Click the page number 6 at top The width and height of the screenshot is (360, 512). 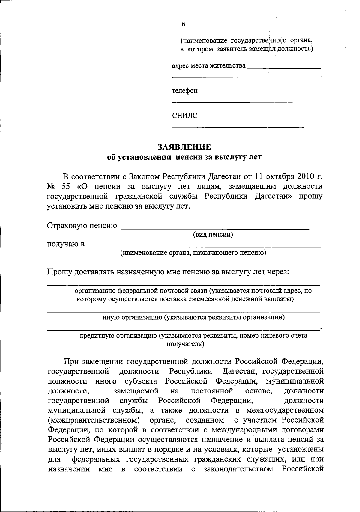(183, 24)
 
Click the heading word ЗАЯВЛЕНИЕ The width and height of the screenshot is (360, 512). (184, 147)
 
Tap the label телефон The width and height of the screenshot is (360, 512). (184, 91)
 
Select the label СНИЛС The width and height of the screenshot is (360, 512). (185, 116)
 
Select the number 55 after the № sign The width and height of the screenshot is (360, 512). (66, 186)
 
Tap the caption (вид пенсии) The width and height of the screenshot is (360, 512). (213, 234)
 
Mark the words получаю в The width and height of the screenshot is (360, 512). (66, 244)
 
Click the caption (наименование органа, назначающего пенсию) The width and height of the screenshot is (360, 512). (193, 253)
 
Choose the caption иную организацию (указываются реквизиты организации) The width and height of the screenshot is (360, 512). (193, 317)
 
